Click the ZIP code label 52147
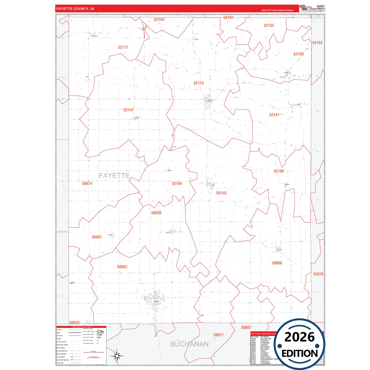point(129,110)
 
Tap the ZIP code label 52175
point(198,83)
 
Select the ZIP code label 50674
point(87,184)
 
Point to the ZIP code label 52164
point(177,184)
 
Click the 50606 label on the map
point(277,263)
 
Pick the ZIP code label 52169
point(279,171)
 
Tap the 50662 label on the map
point(122,267)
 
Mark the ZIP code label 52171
point(123,47)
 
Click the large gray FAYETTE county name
point(114,176)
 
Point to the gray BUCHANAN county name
point(189,344)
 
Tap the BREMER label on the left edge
point(62,232)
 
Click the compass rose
point(117,356)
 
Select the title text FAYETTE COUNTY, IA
point(75,9)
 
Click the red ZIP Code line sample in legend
point(75,336)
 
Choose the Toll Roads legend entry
point(60,363)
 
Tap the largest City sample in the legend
point(100,332)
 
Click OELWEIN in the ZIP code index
point(265,349)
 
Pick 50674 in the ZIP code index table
point(253,355)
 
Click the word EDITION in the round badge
point(300,354)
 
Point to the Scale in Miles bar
point(94,352)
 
